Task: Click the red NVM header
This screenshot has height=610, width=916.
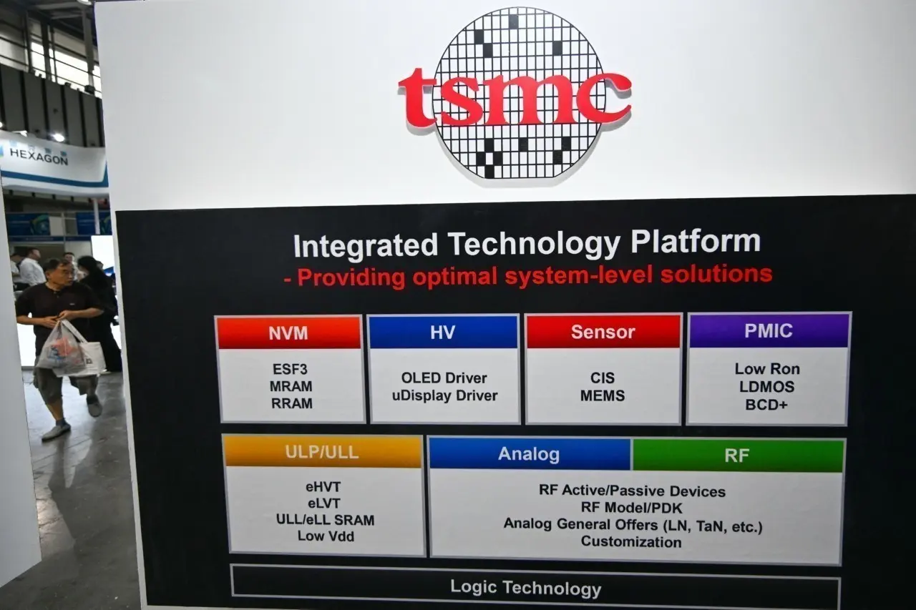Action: click(x=288, y=333)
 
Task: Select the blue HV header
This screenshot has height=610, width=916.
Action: click(x=442, y=332)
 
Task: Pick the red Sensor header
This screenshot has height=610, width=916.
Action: click(x=603, y=332)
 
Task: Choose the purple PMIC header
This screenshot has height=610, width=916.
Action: click(x=768, y=331)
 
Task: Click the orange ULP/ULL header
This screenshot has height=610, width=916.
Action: click(x=322, y=452)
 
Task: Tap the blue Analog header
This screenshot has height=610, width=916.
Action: click(x=529, y=454)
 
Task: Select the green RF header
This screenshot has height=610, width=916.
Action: click(x=737, y=456)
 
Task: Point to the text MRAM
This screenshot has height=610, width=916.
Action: click(x=291, y=386)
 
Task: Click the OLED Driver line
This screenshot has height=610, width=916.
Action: click(x=444, y=378)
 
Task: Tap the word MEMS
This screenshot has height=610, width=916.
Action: click(x=603, y=395)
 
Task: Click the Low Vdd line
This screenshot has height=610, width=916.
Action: click(x=326, y=536)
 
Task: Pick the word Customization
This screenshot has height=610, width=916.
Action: click(x=631, y=541)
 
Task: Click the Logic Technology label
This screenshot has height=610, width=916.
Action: click(x=525, y=589)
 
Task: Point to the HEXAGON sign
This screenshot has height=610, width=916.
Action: click(x=39, y=156)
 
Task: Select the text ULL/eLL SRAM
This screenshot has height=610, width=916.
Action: click(x=325, y=520)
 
